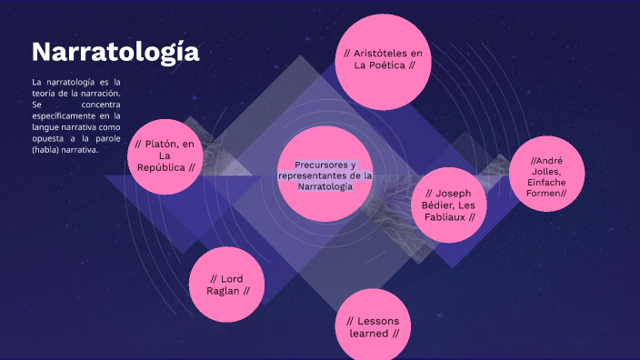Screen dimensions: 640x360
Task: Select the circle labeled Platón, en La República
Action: point(165,155)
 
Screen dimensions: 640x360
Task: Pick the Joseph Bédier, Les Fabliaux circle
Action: point(449,205)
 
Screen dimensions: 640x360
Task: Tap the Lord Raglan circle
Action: point(227,284)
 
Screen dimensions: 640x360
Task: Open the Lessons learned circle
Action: point(374,325)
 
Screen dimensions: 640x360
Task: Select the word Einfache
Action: point(546,182)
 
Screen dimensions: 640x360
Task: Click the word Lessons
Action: point(378,321)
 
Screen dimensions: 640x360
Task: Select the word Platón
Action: point(160,144)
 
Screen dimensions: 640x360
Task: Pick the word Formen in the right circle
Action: point(545,193)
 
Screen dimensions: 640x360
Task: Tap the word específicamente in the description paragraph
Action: point(65,116)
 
